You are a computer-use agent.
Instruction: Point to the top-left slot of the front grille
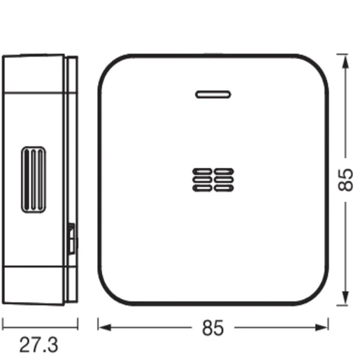point(201,171)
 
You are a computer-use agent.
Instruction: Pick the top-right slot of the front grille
point(224,171)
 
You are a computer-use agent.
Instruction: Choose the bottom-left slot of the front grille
point(201,187)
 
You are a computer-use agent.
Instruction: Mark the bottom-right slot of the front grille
point(224,187)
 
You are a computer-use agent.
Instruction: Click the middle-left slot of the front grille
point(201,178)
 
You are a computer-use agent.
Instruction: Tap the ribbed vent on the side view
point(33,180)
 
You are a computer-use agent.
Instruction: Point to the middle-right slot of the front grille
point(224,178)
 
